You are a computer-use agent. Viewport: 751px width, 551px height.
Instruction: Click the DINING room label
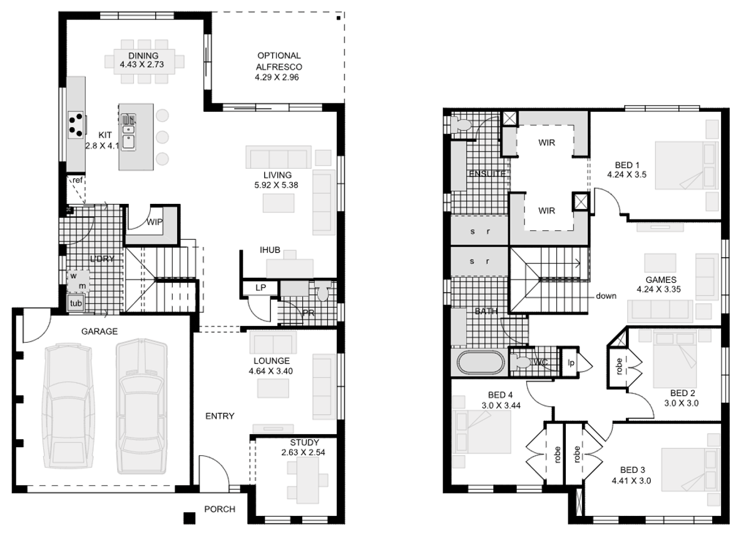pyautogui.click(x=144, y=56)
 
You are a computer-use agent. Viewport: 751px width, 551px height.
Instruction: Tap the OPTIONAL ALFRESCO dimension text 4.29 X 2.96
pyautogui.click(x=278, y=77)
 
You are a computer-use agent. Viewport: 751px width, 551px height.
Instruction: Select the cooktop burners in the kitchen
pyautogui.click(x=76, y=123)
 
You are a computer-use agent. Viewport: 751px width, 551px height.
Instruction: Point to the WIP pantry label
pyautogui.click(x=155, y=222)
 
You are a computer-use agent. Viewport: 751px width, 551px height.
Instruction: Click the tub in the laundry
pyautogui.click(x=76, y=303)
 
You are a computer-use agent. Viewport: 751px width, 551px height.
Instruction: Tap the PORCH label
pyautogui.click(x=220, y=509)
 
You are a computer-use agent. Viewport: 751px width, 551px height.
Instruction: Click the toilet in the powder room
pyautogui.click(x=323, y=293)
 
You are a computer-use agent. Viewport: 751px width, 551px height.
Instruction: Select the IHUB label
pyautogui.click(x=270, y=251)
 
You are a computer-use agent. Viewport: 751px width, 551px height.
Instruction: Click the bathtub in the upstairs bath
pyautogui.click(x=479, y=363)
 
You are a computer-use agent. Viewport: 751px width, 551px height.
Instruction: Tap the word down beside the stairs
pyautogui.click(x=606, y=296)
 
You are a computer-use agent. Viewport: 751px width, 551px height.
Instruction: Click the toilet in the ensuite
pyautogui.click(x=462, y=124)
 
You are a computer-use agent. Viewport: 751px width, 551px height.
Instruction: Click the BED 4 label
pyautogui.click(x=497, y=395)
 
